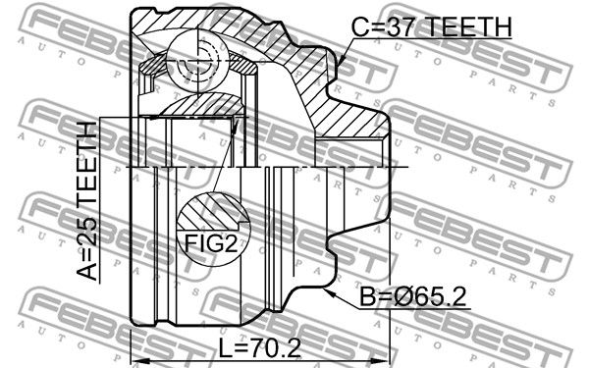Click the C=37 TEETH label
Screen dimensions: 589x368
click(431, 26)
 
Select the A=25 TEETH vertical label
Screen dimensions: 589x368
click(87, 201)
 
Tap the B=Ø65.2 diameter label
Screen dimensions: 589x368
click(413, 296)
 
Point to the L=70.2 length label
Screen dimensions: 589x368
click(260, 348)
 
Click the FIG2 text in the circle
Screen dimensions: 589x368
click(211, 243)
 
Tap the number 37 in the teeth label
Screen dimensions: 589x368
click(401, 26)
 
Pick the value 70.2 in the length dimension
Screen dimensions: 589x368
click(277, 348)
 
